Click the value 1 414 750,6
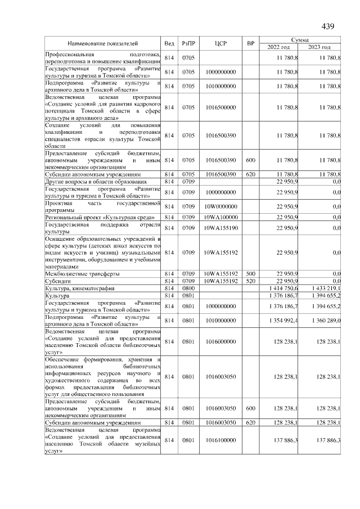coord(281,289)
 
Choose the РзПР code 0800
coord(188,289)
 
